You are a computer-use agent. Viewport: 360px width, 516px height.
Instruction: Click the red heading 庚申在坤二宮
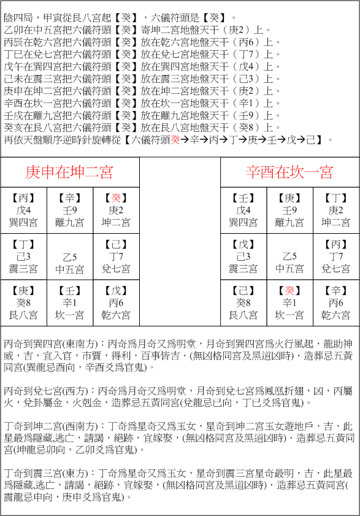pos(69,172)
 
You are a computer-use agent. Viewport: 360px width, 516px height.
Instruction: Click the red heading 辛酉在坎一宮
pos(289,172)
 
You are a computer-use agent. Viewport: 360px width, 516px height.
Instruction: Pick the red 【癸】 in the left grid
pos(116,198)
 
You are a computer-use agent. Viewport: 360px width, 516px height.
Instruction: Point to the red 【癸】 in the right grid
pos(289,291)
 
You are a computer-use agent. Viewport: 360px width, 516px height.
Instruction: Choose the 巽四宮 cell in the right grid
pos(243,210)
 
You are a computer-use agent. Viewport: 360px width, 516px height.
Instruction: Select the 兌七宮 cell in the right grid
pos(336,257)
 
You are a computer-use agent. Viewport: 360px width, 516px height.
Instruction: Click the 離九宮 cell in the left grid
pos(69,210)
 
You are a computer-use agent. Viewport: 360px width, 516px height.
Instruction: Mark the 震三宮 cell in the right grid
pos(243,257)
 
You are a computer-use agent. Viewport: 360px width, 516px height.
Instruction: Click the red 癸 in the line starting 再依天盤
pos(175,139)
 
